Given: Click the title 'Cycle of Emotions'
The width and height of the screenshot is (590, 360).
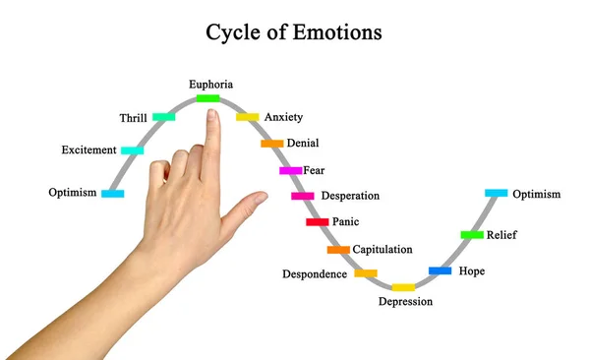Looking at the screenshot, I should (x=294, y=31).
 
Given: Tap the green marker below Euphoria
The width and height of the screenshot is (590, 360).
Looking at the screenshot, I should (x=207, y=98).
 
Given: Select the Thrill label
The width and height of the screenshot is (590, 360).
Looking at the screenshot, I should (x=133, y=118).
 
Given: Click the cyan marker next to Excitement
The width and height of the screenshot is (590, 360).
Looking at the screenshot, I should (x=132, y=150).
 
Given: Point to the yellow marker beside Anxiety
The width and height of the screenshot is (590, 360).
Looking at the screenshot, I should (x=248, y=117).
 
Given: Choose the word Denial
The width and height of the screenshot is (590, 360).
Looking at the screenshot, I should (x=303, y=144).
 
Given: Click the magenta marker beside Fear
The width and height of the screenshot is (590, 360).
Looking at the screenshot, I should (x=290, y=171).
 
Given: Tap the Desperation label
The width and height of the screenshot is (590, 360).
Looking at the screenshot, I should (x=350, y=196).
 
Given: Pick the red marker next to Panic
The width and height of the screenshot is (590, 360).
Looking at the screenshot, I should (x=317, y=222).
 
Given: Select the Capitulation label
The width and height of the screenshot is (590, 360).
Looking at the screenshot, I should (x=383, y=250).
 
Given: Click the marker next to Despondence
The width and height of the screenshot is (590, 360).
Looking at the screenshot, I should (x=366, y=272).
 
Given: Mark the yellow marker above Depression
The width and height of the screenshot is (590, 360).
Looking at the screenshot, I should (x=403, y=287).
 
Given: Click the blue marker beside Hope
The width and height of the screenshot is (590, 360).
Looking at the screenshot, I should (x=440, y=270).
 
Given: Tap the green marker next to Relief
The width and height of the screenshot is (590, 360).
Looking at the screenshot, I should (x=472, y=235).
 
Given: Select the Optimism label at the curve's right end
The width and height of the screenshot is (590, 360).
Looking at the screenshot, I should (x=537, y=195).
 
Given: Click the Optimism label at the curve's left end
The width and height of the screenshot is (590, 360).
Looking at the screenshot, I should (x=73, y=193).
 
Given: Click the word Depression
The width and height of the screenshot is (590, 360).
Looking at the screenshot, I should (x=405, y=302).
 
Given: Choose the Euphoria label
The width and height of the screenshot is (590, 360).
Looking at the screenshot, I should (x=211, y=85).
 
